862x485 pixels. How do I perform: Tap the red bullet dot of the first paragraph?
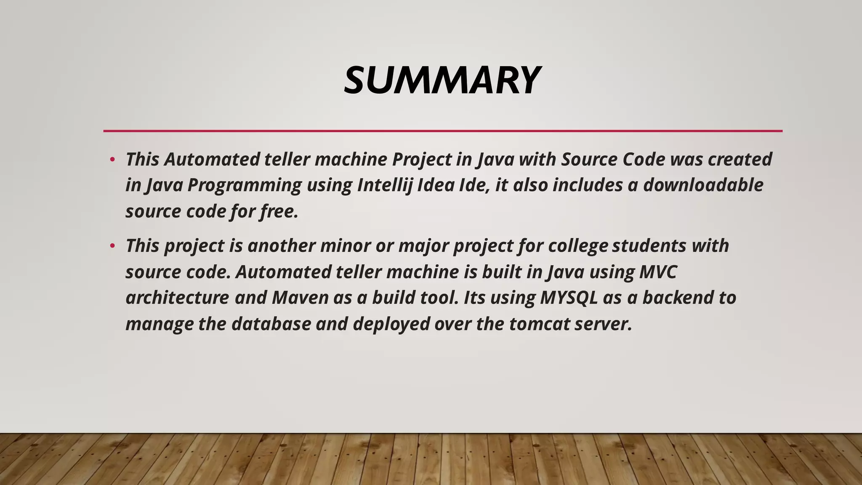click(x=112, y=160)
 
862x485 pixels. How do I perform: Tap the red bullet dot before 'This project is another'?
click(x=112, y=246)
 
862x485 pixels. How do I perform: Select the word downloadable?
click(x=703, y=185)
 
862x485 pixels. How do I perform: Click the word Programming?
click(x=244, y=185)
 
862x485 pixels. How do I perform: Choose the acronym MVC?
click(x=658, y=272)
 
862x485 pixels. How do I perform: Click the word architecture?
click(x=177, y=298)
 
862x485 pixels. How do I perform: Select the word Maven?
click(x=300, y=298)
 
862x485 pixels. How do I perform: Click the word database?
click(x=271, y=324)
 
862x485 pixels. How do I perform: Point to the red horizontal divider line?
click(x=442, y=131)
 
